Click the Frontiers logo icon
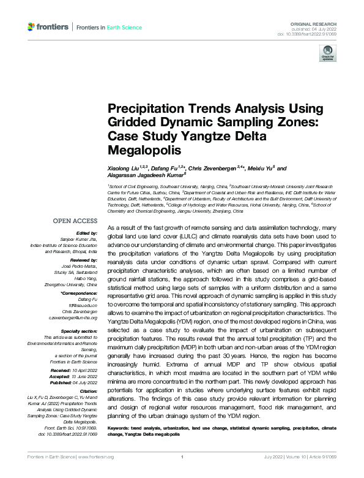tap(32, 27)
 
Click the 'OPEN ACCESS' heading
tap(75, 221)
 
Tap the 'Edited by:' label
tap(87, 233)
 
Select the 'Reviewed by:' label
tap(84, 260)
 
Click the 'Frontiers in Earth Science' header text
tap(109, 28)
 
